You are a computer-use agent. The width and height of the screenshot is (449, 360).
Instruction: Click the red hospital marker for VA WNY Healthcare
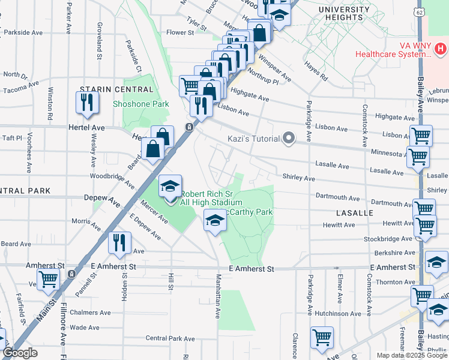[441, 47]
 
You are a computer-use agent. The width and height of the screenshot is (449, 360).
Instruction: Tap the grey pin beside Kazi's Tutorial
[289, 139]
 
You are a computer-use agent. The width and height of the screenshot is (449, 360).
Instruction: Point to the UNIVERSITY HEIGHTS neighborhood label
[344, 14]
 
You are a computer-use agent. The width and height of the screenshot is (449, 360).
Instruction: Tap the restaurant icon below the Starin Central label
[88, 103]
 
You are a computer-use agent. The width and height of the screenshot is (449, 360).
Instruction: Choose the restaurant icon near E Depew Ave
[120, 242]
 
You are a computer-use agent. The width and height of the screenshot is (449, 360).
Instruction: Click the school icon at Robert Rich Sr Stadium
[170, 186]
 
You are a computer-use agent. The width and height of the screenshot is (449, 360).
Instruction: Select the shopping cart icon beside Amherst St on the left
[49, 279]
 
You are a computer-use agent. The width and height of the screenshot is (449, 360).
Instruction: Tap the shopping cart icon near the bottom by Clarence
[322, 338]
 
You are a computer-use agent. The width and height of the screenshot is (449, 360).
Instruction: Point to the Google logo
[20, 353]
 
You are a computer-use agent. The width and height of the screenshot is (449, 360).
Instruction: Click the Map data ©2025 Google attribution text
[412, 355]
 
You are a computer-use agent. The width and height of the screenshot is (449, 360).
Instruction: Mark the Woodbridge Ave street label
[107, 176]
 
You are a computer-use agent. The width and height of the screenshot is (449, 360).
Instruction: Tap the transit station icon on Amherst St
[71, 274]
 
